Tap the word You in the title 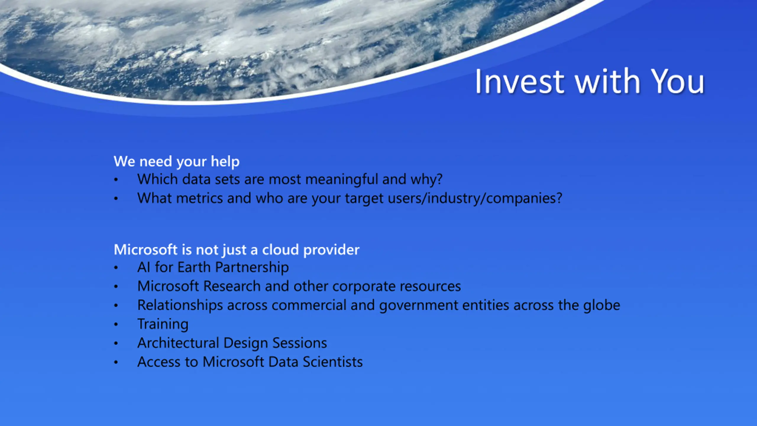[677, 81]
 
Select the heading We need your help [177, 162]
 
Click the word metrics [199, 198]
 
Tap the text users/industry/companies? [475, 199]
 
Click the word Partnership [252, 268]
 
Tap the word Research [232, 286]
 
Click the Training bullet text [163, 324]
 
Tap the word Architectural [178, 343]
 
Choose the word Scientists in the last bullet [333, 362]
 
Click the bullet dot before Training [116, 325]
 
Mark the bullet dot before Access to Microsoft [116, 362]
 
